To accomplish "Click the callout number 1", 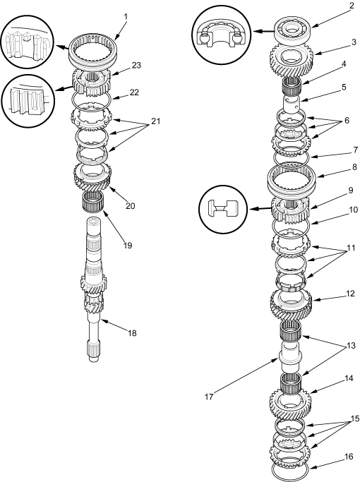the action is point(126,16).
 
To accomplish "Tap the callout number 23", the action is point(136,65).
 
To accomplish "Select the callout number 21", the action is point(155,121).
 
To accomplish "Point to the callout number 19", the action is point(128,246).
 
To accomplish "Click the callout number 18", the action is point(132,333).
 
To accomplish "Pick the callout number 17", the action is point(209,397).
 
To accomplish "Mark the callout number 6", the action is point(347,121).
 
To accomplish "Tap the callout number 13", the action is point(351,346).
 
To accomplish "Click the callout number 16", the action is point(349,457).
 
